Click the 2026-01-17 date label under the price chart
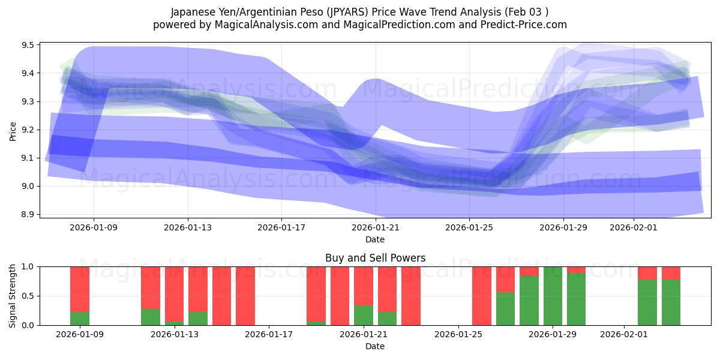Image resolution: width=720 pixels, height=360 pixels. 281,227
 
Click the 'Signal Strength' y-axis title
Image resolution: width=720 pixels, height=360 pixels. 13,296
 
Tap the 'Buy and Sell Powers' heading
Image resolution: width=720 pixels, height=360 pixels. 375,258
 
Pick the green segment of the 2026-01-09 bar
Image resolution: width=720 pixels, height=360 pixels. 80,319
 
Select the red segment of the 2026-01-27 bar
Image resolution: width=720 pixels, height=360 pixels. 505,279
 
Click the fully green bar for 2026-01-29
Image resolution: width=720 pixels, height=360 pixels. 553,296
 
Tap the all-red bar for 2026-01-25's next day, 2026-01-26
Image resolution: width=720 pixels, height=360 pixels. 482,296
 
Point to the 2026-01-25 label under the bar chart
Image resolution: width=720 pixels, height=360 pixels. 458,335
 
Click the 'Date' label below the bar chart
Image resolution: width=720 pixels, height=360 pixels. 375,346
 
